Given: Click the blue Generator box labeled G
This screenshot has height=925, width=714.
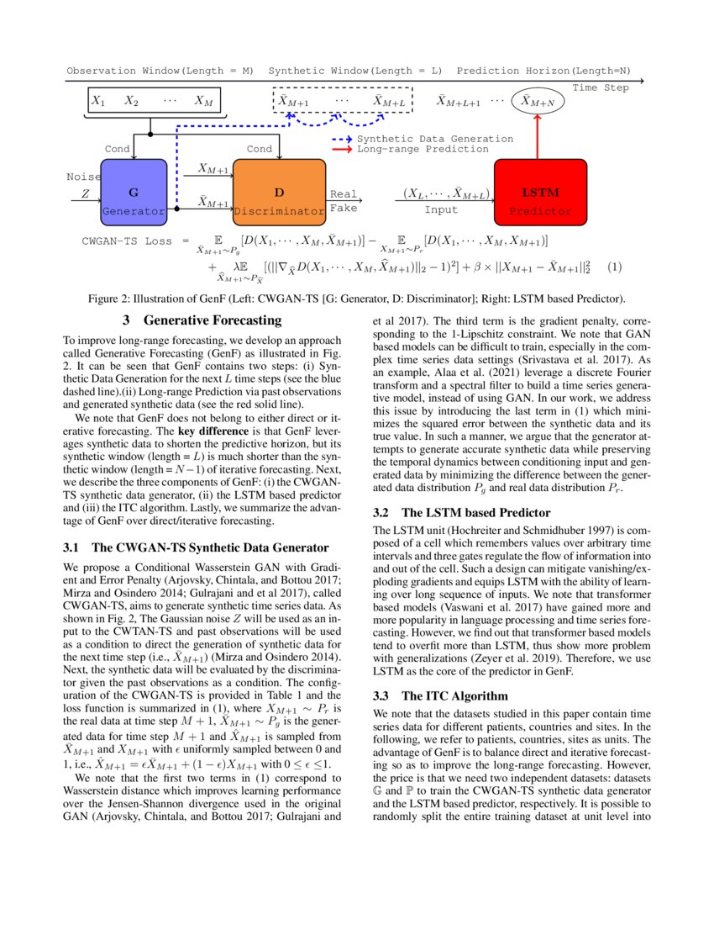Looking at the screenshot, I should (x=133, y=193).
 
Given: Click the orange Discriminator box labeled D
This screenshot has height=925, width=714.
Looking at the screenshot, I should (x=279, y=193).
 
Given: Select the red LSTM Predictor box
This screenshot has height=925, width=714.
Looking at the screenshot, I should (x=540, y=193).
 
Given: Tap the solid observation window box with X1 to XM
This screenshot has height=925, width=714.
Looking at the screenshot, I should (x=153, y=102).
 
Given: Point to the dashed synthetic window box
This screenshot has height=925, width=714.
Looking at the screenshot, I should (x=343, y=102).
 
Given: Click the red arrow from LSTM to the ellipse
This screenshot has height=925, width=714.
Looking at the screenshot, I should (x=538, y=137).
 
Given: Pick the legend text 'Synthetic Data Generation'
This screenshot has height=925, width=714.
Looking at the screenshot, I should (x=434, y=139).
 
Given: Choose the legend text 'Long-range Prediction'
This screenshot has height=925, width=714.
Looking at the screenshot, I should (x=422, y=149).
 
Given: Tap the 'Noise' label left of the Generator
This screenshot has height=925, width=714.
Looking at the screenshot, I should (x=83, y=177).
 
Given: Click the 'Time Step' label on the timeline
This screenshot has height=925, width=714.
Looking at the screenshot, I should (x=600, y=87).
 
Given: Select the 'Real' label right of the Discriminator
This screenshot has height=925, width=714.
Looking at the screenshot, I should (x=344, y=193).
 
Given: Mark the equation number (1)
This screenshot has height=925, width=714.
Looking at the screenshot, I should (x=615, y=268).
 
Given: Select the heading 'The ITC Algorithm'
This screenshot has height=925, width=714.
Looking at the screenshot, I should (x=454, y=696).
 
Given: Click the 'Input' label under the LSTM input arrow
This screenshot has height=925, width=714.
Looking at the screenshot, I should (x=441, y=210).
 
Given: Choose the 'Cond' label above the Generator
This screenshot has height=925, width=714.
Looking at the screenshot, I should (x=117, y=149).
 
